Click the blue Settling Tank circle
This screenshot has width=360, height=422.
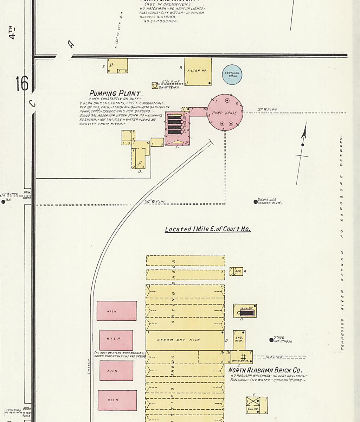pyautogui.click(x=232, y=75)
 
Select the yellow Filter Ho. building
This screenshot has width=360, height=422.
pyautogui.click(x=198, y=71)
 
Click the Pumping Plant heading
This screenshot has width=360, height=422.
pyautogui.click(x=116, y=94)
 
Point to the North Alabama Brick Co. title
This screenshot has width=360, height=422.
pyautogui.click(x=265, y=370)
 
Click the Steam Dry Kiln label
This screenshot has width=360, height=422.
pyautogui.click(x=178, y=340)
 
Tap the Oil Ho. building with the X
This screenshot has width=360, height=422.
pyautogui.click(x=257, y=405)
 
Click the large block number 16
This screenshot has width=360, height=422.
pyautogui.click(x=21, y=84)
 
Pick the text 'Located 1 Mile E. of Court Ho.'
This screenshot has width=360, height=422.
pyautogui.click(x=208, y=229)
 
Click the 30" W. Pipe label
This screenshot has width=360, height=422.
pyautogui.click(x=267, y=110)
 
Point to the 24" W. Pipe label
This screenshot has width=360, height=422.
pyautogui.click(x=155, y=202)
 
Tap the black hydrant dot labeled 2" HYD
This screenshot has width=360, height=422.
pyautogui.click(x=271, y=340)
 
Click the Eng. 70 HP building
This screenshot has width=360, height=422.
pyautogui.click(x=239, y=339)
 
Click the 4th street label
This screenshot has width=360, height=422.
pyautogui.click(x=12, y=32)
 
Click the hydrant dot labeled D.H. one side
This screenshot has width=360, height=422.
pyautogui.click(x=256, y=202)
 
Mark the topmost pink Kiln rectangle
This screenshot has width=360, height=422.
pyautogui.click(x=116, y=311)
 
